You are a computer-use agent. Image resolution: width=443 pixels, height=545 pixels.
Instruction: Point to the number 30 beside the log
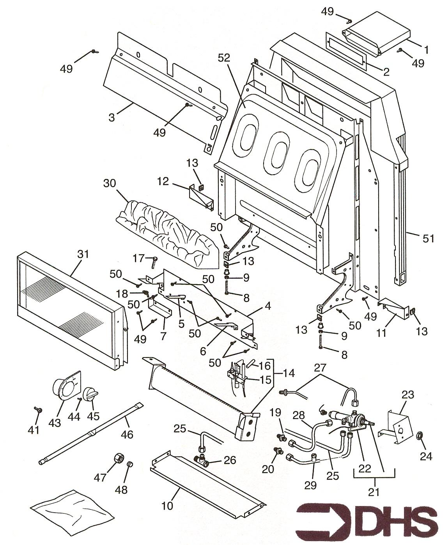click(110, 183)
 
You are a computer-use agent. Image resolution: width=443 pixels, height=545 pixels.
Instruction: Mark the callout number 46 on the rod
click(127, 434)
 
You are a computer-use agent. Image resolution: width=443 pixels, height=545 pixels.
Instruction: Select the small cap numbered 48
click(131, 464)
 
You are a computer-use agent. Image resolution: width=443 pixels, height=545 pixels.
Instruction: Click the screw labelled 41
click(38, 410)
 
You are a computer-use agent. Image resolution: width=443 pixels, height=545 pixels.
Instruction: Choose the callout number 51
click(428, 237)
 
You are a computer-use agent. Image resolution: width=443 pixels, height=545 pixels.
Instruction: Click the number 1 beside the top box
click(426, 50)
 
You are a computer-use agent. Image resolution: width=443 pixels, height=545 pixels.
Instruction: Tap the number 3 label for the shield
click(112, 117)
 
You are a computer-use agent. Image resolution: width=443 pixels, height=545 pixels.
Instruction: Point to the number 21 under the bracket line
click(373, 492)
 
